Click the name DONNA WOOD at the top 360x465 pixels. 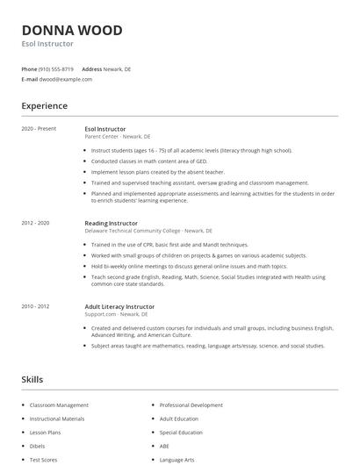pos(72,30)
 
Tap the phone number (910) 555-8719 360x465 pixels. pos(55,68)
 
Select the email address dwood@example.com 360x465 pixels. pos(64,79)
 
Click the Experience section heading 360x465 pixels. pos(44,106)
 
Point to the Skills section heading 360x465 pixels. pos(32,379)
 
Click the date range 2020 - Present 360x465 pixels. pos(39,129)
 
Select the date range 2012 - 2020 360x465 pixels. pos(35,223)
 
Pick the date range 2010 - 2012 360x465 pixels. pos(35,306)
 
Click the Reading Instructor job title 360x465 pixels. pos(111,223)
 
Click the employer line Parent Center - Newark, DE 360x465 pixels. pos(118,137)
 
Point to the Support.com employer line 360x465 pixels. pos(117,313)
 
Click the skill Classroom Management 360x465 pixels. pos(59,405)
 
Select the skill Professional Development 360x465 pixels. pos(191,405)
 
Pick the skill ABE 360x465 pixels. pos(164,446)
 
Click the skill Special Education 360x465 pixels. pos(181,433)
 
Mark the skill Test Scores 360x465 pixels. pos(44,459)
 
